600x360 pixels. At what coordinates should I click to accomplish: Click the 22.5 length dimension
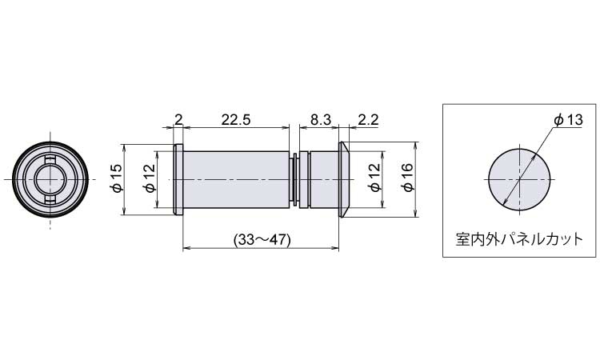(x=236, y=120)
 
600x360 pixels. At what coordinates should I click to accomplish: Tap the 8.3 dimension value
(x=320, y=120)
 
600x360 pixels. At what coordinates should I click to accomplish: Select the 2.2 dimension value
(x=368, y=120)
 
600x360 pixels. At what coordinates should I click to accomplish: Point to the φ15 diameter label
(x=117, y=178)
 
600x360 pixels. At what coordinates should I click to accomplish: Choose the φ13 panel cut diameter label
(x=568, y=120)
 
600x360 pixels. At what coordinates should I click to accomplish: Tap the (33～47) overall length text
(x=262, y=240)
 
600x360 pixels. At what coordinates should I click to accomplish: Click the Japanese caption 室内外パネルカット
(x=519, y=240)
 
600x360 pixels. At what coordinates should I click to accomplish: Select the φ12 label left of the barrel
(x=150, y=178)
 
